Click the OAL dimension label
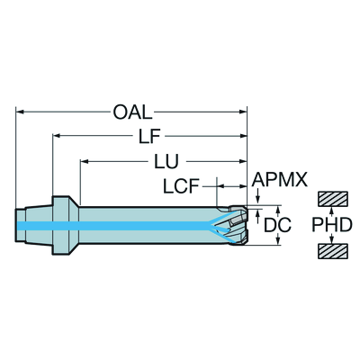[132, 112]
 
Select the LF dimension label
[149, 137]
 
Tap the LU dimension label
[166, 162]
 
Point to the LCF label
[181, 186]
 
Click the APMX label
[280, 179]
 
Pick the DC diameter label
[277, 225]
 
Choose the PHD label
[332, 225]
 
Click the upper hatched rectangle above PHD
[333, 199]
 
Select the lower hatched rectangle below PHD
[333, 251]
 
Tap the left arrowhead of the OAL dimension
[20, 112]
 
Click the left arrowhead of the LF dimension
[57, 136]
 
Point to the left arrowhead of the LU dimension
[84, 162]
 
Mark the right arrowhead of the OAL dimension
[243, 112]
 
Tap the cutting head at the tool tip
[238, 225]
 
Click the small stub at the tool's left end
[21, 225]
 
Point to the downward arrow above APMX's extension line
[257, 197]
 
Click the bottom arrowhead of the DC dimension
[278, 241]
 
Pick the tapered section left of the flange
[40, 225]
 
